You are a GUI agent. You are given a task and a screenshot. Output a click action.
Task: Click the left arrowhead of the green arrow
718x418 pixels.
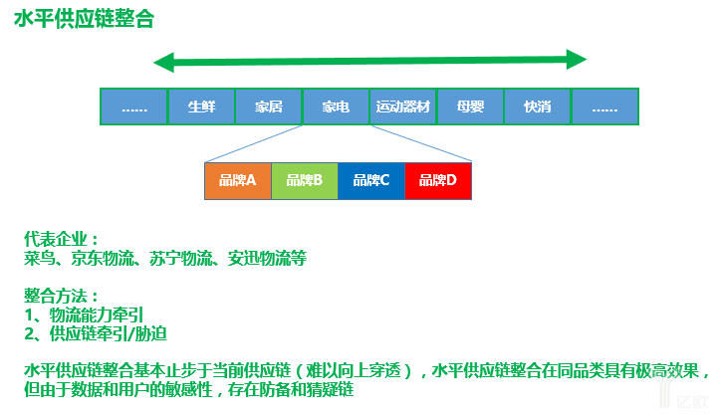click(162, 63)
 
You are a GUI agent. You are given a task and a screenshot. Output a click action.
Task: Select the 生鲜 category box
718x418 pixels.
click(202, 106)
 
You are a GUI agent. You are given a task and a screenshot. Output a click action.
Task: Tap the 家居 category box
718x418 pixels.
click(269, 106)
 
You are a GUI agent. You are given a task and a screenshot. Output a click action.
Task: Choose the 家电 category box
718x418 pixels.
click(336, 106)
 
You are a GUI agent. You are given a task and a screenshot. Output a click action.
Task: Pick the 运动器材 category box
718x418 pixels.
click(403, 106)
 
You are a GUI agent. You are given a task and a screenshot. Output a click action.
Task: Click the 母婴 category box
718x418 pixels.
click(470, 106)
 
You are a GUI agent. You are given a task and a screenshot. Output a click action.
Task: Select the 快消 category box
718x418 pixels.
click(538, 106)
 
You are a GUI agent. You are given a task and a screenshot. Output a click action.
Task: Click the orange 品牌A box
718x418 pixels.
click(237, 180)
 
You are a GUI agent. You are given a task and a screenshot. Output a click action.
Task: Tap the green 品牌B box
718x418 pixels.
click(304, 180)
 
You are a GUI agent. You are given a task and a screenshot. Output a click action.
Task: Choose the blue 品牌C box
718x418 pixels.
click(370, 180)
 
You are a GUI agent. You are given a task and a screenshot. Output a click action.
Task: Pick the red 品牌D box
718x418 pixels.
click(437, 180)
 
